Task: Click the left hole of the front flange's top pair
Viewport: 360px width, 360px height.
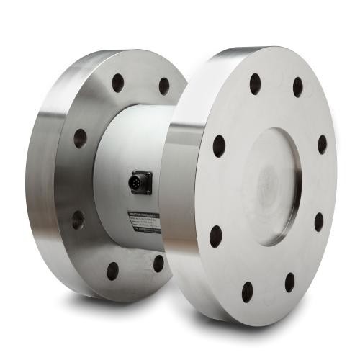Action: [x=255, y=84]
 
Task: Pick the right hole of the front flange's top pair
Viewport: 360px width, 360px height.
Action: [x=297, y=87]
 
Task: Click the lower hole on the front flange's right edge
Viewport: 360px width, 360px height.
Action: [x=318, y=221]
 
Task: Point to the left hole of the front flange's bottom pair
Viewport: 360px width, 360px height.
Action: [x=247, y=292]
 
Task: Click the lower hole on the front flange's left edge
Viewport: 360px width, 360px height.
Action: [x=215, y=235]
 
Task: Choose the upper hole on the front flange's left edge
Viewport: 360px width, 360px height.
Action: [x=219, y=146]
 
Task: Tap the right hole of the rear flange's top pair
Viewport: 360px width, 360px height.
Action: [x=164, y=86]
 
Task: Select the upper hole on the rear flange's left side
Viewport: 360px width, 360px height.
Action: [x=80, y=138]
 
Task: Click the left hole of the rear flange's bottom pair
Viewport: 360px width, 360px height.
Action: [x=112, y=271]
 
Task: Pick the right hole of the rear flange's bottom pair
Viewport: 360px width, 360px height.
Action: [x=158, y=263]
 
